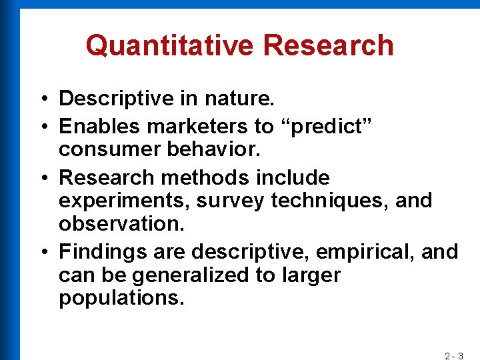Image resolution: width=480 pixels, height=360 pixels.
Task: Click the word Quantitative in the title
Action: [169, 45]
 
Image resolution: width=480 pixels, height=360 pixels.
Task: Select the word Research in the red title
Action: [328, 45]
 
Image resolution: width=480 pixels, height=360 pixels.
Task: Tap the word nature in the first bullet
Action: [239, 99]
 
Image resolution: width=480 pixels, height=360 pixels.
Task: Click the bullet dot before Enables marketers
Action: [41, 126]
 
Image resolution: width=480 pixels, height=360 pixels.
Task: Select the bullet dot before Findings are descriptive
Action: [41, 253]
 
